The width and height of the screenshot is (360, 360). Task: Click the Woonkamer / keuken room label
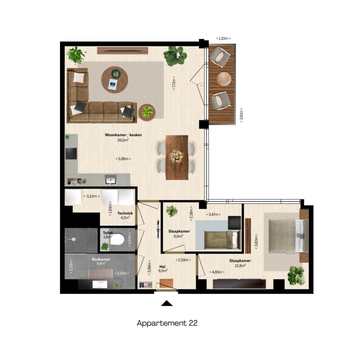coord(123,135)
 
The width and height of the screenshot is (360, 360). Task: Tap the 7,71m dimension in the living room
coord(174,83)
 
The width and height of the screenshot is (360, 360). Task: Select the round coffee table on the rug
coord(115,80)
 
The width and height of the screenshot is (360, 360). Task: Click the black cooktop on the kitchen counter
coord(71,154)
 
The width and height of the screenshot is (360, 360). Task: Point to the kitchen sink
coord(111,180)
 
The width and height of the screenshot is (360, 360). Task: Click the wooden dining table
coord(177,157)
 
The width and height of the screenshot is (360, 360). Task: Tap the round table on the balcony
coord(224,79)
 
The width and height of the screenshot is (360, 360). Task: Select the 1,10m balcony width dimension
coord(223,38)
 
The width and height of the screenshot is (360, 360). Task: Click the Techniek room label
coord(125,213)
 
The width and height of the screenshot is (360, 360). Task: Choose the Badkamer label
coord(101,259)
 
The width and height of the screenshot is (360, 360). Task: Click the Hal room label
coord(162,266)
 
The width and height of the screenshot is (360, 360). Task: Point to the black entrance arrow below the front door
coord(167,303)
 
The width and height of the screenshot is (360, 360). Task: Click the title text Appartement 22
coord(167,323)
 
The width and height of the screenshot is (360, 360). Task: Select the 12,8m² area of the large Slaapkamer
coord(240,266)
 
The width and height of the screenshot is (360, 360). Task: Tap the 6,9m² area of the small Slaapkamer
coord(178,236)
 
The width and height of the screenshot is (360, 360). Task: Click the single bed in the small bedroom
coord(222,240)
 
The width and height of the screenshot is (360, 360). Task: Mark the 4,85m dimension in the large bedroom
coord(217,272)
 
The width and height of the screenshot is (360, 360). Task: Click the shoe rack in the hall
coord(146,285)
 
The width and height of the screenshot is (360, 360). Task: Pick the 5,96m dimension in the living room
coord(123,159)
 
